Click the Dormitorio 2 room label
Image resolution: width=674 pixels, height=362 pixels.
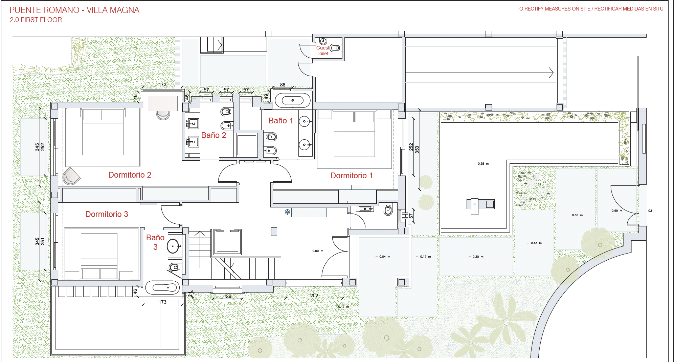pos(130,175)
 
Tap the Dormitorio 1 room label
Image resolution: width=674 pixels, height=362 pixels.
pos(352,176)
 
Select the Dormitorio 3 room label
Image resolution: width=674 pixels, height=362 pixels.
pos(107,214)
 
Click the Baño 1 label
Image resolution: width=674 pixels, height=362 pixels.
pos(281,121)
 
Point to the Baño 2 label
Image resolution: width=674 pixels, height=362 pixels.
pos(214,135)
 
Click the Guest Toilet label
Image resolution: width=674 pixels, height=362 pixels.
pos(323,51)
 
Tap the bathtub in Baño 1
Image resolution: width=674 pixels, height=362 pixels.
pos(293,101)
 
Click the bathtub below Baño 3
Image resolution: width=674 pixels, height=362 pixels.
pos(162,288)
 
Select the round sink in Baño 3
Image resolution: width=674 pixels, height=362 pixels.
pos(173,246)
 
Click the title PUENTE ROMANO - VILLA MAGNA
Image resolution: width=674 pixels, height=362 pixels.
pos(74,10)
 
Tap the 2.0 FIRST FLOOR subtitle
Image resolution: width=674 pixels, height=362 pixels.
pos(36,20)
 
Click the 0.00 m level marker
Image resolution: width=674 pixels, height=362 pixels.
pos(318,251)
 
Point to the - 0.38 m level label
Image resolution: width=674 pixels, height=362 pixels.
pos(481,164)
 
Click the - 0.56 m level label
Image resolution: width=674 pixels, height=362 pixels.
pos(575,215)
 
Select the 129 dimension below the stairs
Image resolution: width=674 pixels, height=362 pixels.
pos(227,296)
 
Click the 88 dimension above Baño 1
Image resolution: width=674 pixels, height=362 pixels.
pos(283,85)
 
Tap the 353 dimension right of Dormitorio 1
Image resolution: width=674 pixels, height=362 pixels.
pos(417,149)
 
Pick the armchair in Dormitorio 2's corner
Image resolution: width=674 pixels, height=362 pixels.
pos(71,176)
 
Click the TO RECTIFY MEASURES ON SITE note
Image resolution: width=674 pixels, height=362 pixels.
pos(553,9)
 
